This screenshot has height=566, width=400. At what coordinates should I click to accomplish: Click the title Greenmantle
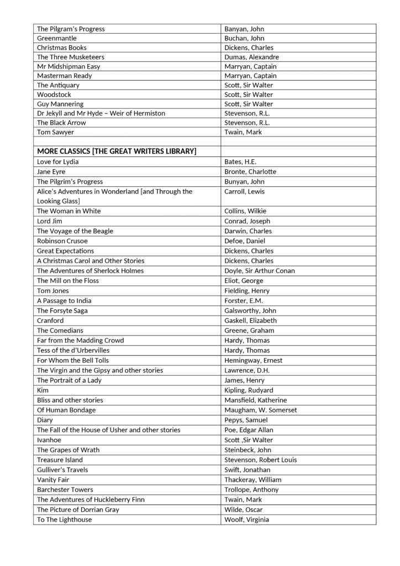coord(57,38)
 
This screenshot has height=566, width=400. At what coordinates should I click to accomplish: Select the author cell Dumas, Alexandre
coord(251,57)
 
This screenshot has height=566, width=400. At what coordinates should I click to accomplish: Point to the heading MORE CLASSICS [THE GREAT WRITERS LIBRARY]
coord(117,151)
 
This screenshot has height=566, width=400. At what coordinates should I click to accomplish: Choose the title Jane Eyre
coord(51,171)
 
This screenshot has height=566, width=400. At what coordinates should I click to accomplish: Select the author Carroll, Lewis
coord(244,191)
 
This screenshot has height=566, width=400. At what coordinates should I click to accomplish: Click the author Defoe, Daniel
coord(245,241)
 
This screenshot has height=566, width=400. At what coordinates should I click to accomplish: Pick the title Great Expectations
coord(65,251)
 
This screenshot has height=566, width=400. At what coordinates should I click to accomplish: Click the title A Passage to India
coord(64,301)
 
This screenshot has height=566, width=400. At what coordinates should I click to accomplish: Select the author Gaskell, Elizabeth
coord(250,321)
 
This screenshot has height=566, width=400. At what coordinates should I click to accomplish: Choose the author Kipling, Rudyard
coord(249,390)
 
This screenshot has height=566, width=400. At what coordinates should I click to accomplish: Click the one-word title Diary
coord(45,420)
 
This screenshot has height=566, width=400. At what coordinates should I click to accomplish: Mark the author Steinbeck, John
coord(248,450)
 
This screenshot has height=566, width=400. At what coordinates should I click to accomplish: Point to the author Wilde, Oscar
coord(243,510)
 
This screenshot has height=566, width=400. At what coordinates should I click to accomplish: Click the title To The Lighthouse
coord(64,520)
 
